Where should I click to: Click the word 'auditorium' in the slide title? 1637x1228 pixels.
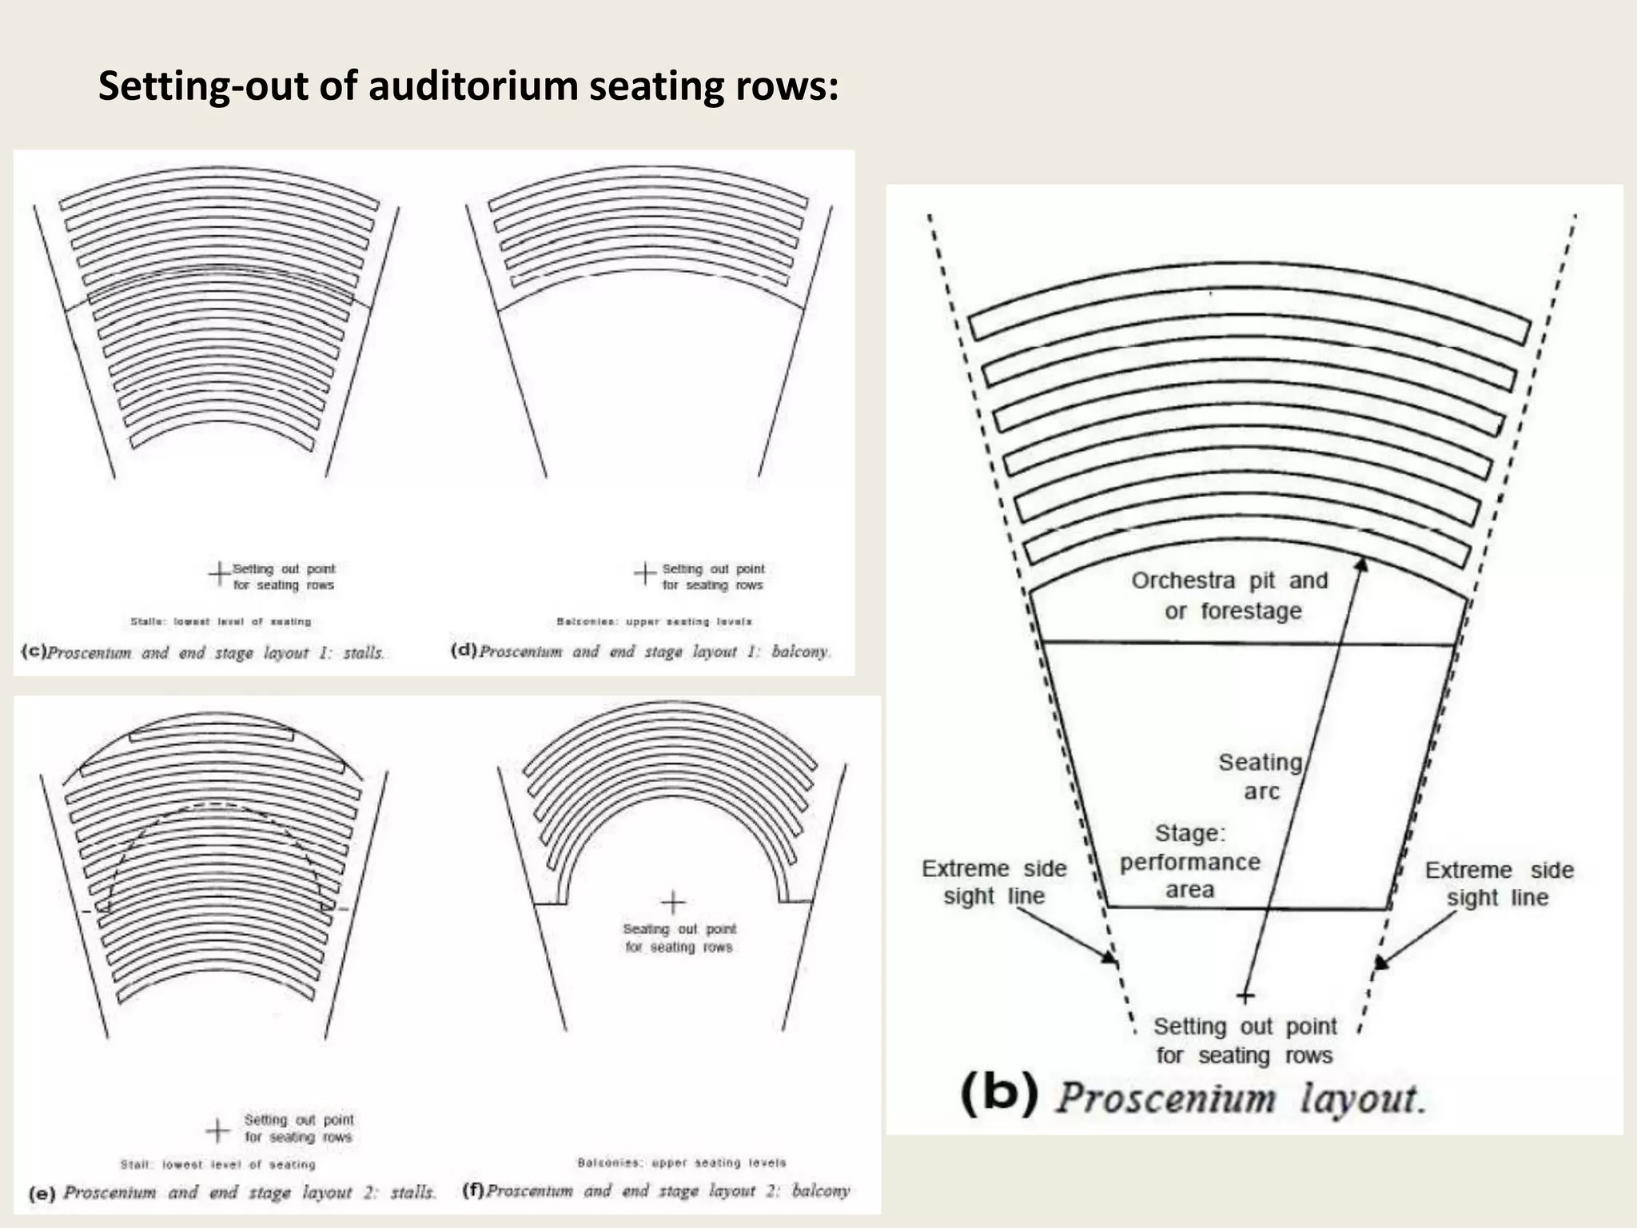[473, 86]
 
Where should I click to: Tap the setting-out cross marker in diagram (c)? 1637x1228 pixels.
[218, 573]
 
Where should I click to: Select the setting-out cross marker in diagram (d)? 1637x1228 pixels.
[644, 573]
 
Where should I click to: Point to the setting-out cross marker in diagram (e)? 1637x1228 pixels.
[217, 1130]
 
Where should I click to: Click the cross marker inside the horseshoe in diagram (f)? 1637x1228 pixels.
[672, 903]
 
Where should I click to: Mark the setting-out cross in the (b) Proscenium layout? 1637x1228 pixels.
[1245, 996]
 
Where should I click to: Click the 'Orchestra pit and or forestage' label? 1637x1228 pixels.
[1230, 596]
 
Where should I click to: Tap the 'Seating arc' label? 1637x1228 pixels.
[1261, 776]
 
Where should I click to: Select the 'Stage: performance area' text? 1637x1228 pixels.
[1189, 861]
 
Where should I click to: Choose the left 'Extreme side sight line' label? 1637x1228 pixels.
[994, 882]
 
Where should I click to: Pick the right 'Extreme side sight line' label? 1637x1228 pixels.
[1499, 883]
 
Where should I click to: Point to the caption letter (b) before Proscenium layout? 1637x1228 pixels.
[999, 1094]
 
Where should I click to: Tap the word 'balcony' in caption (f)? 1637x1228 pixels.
[820, 1190]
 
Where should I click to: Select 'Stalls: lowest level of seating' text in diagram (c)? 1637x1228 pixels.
[221, 621]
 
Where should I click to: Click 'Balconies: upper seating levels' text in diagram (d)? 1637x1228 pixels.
[654, 621]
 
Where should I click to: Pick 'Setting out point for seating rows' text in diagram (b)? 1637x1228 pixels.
[1245, 1040]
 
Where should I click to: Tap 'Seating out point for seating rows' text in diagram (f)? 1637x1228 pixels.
[679, 938]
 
